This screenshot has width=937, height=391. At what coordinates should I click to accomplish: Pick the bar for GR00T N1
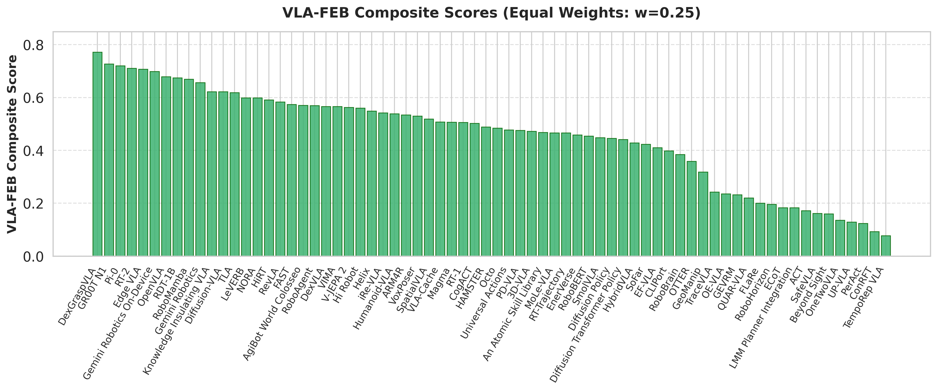pos(109,160)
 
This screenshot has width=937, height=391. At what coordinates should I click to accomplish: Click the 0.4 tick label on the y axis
pos(33,151)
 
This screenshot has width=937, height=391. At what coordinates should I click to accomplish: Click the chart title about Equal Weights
pos(491,13)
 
